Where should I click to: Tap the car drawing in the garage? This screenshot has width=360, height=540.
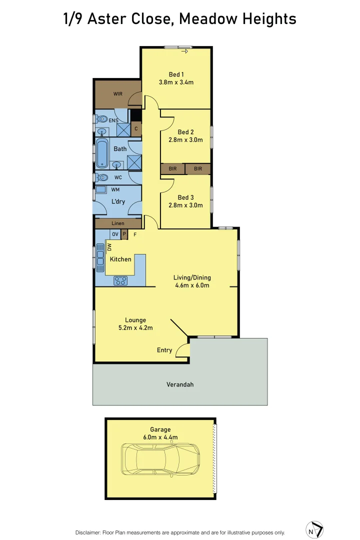[160, 459]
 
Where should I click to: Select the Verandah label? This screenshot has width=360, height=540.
[180, 384]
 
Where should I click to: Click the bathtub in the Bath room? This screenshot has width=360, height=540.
[102, 153]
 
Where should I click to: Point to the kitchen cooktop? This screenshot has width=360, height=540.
[120, 280]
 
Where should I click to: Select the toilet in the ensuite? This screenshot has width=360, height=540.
[102, 119]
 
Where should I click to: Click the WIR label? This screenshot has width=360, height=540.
[118, 93]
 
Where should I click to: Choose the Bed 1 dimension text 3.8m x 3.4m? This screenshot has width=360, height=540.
[176, 82]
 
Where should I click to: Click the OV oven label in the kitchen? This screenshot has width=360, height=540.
[115, 234]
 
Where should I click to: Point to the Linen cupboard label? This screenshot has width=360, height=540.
[118, 223]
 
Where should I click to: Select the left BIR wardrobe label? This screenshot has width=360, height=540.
[172, 169]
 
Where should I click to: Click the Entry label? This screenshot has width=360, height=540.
[164, 350]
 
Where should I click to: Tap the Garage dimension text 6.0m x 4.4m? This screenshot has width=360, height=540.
[160, 437]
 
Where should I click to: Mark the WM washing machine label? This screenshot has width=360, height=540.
[115, 189]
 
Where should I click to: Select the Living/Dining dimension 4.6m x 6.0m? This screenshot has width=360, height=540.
[192, 285]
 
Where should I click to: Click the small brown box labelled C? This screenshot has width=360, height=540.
[136, 128]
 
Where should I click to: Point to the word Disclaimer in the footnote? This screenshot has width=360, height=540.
[88, 532]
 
